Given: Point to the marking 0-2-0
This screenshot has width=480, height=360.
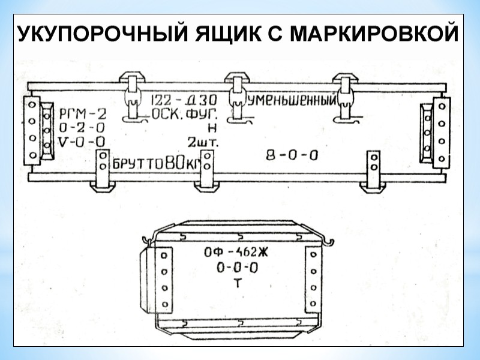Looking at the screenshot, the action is pyautogui.click(x=83, y=128).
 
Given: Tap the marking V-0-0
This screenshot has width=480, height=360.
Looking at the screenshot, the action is pyautogui.click(x=83, y=142).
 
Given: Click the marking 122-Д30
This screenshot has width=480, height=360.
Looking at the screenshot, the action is pyautogui.click(x=182, y=99).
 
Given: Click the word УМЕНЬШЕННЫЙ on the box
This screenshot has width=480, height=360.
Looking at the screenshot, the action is pyautogui.click(x=292, y=99).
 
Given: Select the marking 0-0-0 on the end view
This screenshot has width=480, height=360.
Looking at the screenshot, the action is pyautogui.click(x=237, y=268).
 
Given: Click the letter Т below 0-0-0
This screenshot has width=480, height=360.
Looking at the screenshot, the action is pyautogui.click(x=237, y=283).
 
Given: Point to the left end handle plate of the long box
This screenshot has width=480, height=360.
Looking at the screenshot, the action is pyautogui.click(x=31, y=129).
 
